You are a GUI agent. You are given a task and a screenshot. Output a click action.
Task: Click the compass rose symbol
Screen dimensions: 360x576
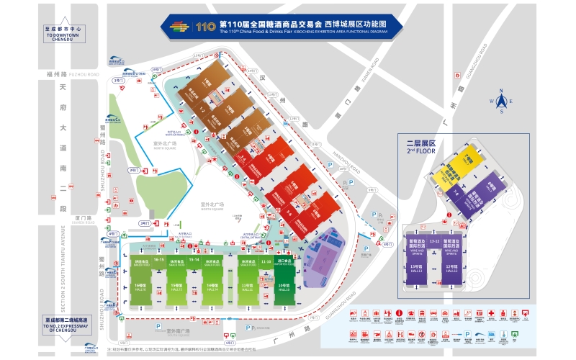click(x=502, y=102)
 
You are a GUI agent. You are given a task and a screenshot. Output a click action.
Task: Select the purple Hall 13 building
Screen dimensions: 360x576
click(x=415, y=264)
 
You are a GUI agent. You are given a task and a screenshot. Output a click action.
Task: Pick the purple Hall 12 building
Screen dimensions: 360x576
click(x=456, y=264)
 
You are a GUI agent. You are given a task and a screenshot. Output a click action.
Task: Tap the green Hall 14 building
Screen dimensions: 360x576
click(x=212, y=282)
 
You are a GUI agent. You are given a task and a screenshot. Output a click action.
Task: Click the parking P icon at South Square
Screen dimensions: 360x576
click(x=158, y=325)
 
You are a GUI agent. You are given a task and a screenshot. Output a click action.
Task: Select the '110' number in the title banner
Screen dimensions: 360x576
click(x=206, y=27)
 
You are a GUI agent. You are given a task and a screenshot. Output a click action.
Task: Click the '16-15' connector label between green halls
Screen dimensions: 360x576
click(x=159, y=258)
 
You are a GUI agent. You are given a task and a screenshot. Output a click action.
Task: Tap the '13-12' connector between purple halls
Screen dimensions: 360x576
click(x=434, y=240)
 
